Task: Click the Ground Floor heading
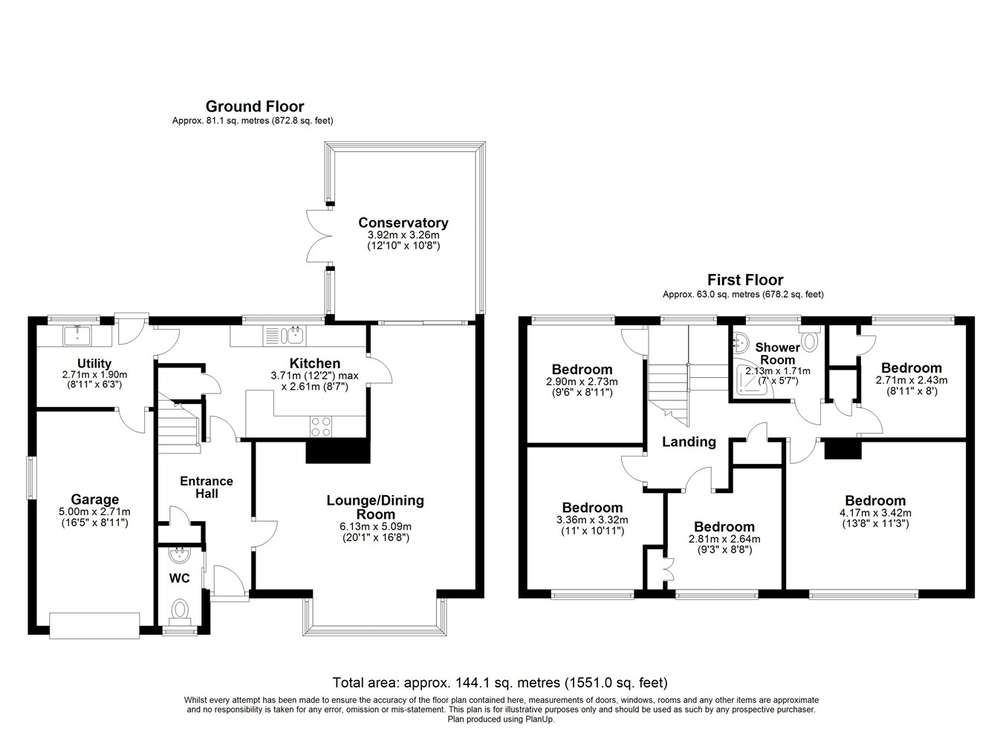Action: click(x=255, y=106)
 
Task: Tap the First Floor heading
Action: click(x=745, y=280)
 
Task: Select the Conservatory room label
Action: click(x=403, y=223)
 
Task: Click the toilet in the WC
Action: click(x=180, y=611)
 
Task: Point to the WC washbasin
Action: click(x=180, y=555)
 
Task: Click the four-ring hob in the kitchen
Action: click(x=321, y=426)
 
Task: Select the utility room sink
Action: click(x=77, y=335)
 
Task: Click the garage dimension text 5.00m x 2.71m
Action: click(x=94, y=511)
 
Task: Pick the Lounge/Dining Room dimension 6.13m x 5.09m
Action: click(x=375, y=527)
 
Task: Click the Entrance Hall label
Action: click(x=207, y=487)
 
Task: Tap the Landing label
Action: click(x=689, y=442)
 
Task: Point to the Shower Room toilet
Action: click(x=810, y=339)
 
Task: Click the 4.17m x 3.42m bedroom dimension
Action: click(x=875, y=513)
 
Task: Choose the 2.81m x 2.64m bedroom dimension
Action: click(x=724, y=539)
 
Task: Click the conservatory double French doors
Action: click(x=319, y=235)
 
